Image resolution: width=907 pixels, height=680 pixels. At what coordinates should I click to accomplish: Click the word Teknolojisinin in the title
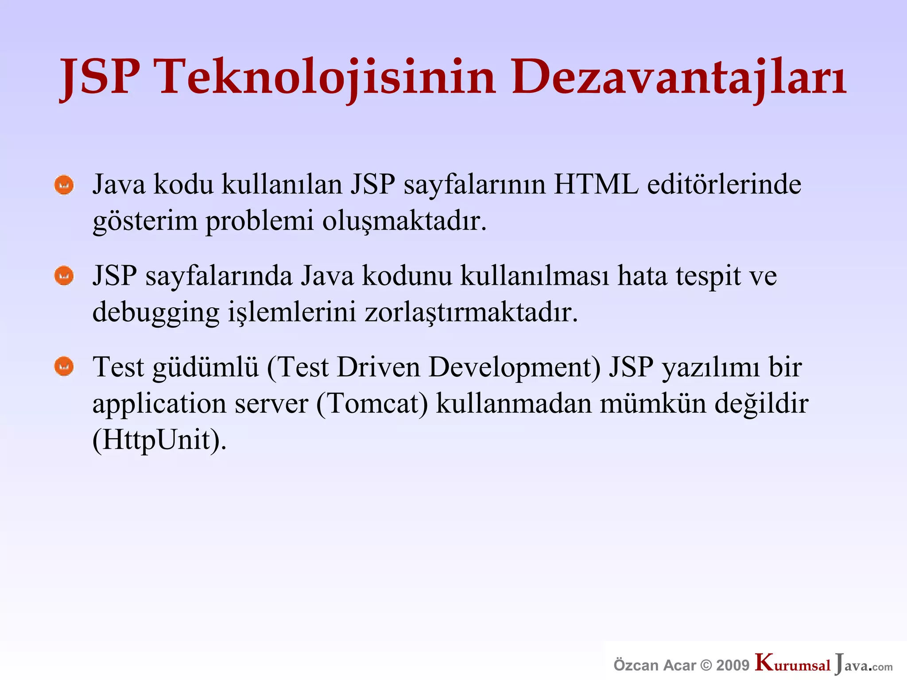coord(327,77)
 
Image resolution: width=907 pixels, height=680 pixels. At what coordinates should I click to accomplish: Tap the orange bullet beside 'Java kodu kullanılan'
coord(64,185)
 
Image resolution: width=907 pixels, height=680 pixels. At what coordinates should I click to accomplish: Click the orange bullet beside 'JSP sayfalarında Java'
coord(64,276)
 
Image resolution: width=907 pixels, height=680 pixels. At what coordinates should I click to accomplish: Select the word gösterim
coord(145,221)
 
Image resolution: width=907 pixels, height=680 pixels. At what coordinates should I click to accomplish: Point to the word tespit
coord(708,276)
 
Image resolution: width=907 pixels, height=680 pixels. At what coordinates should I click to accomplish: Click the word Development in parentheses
coord(514,368)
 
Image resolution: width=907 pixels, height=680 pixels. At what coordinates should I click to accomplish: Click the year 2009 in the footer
coord(733,665)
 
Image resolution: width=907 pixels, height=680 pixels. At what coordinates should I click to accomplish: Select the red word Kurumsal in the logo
coord(793,664)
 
